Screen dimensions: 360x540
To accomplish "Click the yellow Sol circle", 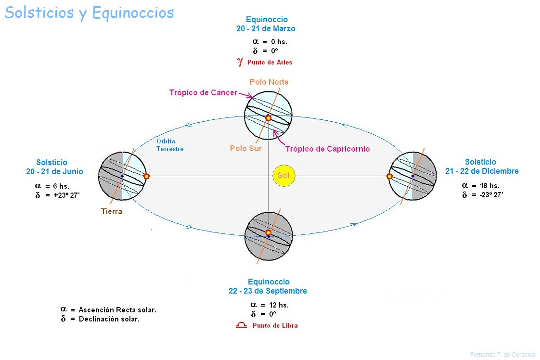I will click(x=283, y=176).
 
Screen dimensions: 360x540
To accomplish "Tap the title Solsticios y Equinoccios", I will click(x=89, y=13).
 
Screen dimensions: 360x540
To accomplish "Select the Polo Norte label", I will click(x=269, y=82).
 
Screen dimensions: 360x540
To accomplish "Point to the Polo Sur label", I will click(x=246, y=148).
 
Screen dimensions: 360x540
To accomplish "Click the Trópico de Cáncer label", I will click(x=203, y=92).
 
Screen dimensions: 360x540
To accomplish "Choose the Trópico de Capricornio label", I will click(x=327, y=149).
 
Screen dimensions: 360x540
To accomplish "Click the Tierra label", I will click(x=112, y=211).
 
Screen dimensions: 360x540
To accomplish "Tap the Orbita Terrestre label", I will click(x=170, y=145).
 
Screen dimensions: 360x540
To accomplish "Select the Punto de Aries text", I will click(x=270, y=62).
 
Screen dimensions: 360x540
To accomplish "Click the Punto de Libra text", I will click(x=275, y=325).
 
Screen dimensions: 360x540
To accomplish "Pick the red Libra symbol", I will click(x=241, y=325).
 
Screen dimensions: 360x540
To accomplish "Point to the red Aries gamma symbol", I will click(x=240, y=62).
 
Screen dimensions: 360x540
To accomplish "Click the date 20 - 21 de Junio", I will click(x=55, y=171).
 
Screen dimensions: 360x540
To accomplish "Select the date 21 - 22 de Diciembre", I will click(x=482, y=171).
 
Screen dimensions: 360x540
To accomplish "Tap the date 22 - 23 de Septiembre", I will click(x=268, y=291).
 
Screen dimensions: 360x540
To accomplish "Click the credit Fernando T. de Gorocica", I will click(x=502, y=355).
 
